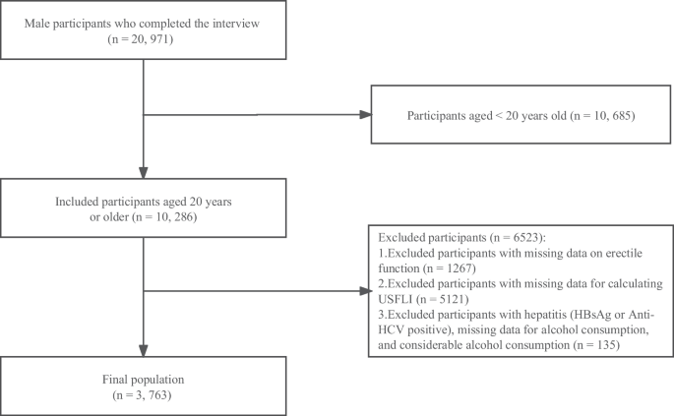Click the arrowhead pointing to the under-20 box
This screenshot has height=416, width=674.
(365, 115)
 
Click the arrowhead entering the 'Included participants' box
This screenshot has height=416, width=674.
(145, 173)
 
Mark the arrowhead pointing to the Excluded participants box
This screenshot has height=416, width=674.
(365, 292)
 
